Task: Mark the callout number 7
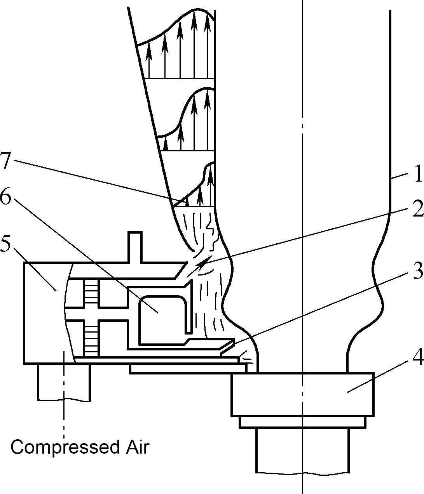5,161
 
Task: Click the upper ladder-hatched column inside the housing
91,293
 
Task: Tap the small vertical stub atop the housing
135,247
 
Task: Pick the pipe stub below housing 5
64,382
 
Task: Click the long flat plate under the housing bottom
188,369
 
